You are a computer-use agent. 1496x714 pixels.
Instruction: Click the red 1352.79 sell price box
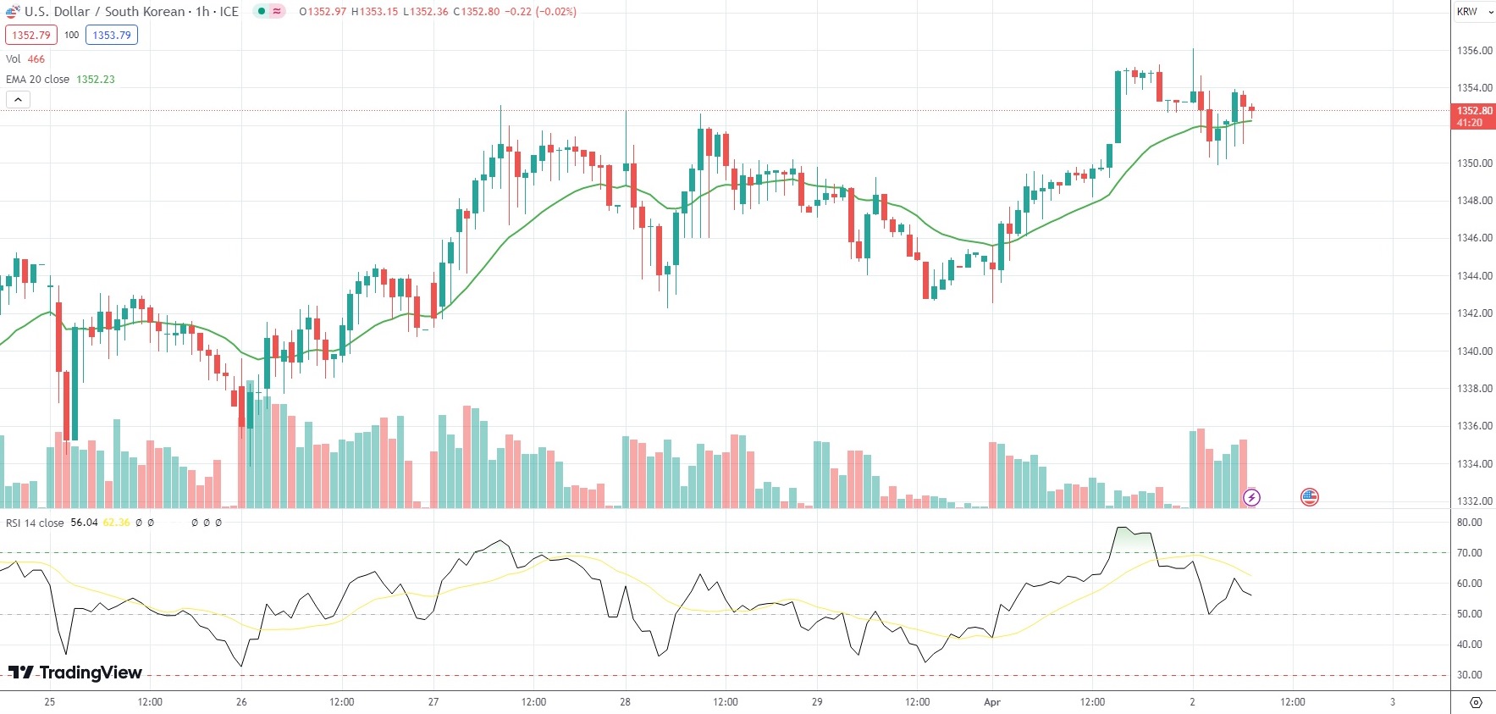tap(31, 35)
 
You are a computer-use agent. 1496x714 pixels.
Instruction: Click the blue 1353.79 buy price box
tap(112, 35)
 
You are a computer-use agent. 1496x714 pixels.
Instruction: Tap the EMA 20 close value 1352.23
tap(96, 79)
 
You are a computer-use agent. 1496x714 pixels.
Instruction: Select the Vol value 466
tap(36, 58)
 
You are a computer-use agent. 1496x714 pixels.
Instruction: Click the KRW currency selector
tap(1474, 12)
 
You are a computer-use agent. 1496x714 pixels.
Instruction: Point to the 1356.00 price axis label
tap(1474, 51)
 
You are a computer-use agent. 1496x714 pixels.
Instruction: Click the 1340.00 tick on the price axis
tap(1474, 351)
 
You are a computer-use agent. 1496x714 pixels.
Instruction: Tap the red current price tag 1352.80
tap(1474, 116)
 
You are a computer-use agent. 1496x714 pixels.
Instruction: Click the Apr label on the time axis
tap(992, 702)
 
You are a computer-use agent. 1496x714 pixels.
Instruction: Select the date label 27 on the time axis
tap(433, 702)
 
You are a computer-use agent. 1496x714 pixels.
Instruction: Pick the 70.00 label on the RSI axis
tap(1469, 553)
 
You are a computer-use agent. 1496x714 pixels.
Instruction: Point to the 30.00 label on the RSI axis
tap(1469, 675)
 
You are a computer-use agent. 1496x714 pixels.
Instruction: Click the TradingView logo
tap(75, 672)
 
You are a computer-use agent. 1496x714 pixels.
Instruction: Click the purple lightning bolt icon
tap(1251, 497)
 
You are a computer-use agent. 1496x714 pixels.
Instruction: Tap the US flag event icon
tap(1310, 497)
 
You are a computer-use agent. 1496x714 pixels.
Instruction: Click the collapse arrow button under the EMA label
tap(18, 99)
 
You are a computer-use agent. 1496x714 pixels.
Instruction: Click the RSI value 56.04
tap(84, 523)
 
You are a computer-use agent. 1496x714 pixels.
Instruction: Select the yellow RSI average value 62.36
tap(117, 523)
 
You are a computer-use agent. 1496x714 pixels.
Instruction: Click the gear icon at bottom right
tap(1476, 702)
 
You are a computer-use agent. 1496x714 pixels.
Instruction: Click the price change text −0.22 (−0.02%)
tap(541, 12)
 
